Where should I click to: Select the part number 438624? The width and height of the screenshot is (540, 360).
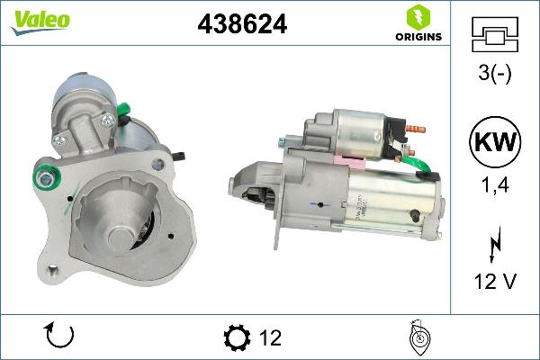[242, 25]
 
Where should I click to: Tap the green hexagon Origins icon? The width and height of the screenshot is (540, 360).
[415, 16]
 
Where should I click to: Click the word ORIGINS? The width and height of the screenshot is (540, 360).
[415, 37]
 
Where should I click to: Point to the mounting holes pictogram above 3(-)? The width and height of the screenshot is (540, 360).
[495, 34]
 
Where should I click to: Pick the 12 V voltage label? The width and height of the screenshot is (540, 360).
[495, 283]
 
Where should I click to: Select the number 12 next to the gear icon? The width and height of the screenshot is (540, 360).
[270, 337]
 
